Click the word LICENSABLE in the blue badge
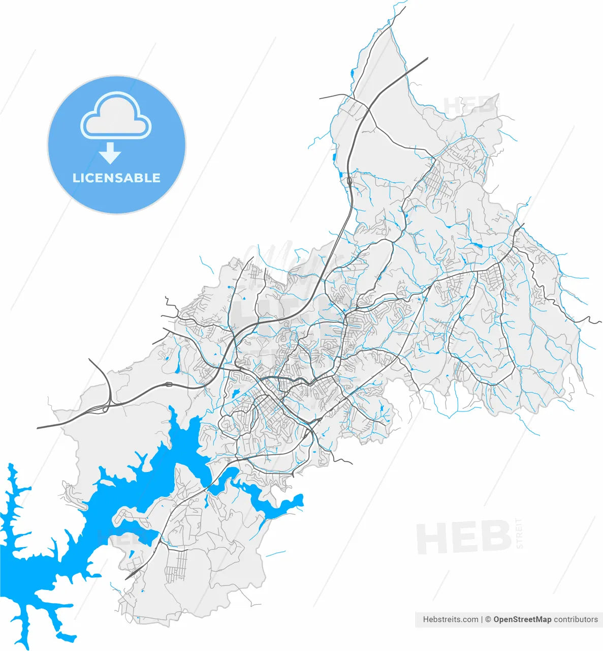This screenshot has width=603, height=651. coord(116,178)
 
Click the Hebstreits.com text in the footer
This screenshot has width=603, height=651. coord(451,619)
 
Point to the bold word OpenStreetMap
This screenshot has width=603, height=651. coord(522,619)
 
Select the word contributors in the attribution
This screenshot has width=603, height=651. coord(576,619)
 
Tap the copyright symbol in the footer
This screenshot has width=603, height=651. coord(488,619)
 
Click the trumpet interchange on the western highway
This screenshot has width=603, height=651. coord(105,407)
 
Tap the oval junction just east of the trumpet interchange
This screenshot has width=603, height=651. coord(169,384)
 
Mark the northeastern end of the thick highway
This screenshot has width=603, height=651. coord(427,58)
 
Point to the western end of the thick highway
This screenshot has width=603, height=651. coord(39,428)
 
